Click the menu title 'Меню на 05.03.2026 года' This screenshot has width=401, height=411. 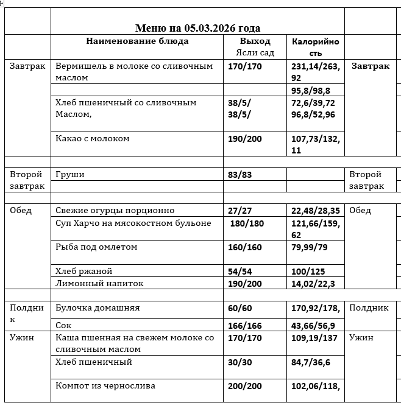[197, 28]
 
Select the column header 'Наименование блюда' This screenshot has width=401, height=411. [137, 41]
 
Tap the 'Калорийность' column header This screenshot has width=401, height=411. [315, 47]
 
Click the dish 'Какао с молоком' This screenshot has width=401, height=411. [93, 139]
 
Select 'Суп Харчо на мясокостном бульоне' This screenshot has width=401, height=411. [133, 223]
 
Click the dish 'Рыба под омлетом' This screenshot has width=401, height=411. [96, 247]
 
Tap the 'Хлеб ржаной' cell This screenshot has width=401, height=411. [84, 271]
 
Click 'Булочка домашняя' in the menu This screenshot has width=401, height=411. [98, 308]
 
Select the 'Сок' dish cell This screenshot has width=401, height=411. [63, 326]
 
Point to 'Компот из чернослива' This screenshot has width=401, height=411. [105, 386]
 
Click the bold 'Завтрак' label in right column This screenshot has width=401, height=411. [371, 66]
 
